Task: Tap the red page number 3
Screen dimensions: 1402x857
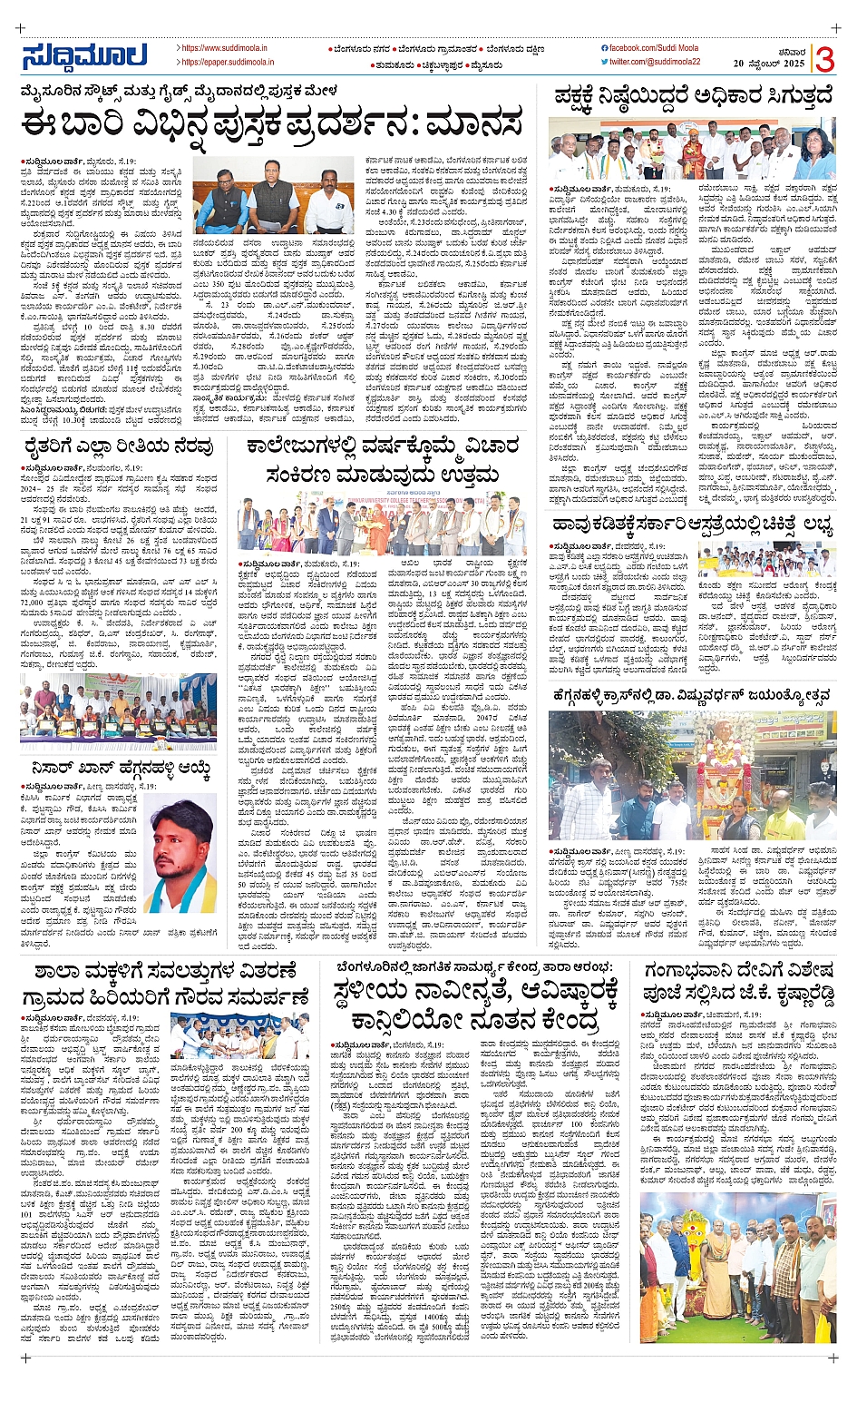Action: click(824, 60)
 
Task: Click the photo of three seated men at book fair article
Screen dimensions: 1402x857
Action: click(273, 196)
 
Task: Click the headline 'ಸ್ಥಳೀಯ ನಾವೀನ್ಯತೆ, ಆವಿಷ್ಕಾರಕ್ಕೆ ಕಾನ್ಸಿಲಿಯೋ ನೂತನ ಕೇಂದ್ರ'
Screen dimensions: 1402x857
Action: click(477, 1007)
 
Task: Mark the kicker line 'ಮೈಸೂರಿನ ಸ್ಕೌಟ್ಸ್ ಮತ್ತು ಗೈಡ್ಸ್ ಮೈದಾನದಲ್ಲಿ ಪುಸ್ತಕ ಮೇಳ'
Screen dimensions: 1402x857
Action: click(181, 91)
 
